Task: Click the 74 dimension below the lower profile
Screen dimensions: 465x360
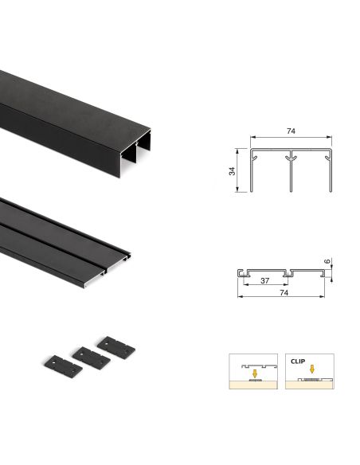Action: (284, 293)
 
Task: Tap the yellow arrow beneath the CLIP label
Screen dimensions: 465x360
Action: (311, 369)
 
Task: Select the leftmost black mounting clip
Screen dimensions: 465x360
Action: (61, 365)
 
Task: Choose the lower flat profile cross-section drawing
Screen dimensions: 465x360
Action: (284, 272)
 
